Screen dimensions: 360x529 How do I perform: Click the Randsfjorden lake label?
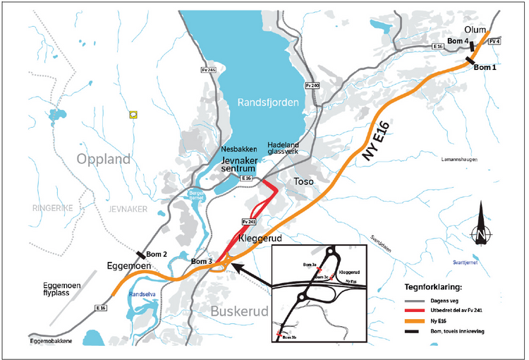tap(268, 102)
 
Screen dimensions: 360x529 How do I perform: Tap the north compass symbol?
tap(480, 227)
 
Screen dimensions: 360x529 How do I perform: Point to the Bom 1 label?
tap(485, 68)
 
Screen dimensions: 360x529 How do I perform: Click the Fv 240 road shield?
tap(312, 85)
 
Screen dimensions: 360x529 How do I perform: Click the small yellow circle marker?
tap(133, 114)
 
